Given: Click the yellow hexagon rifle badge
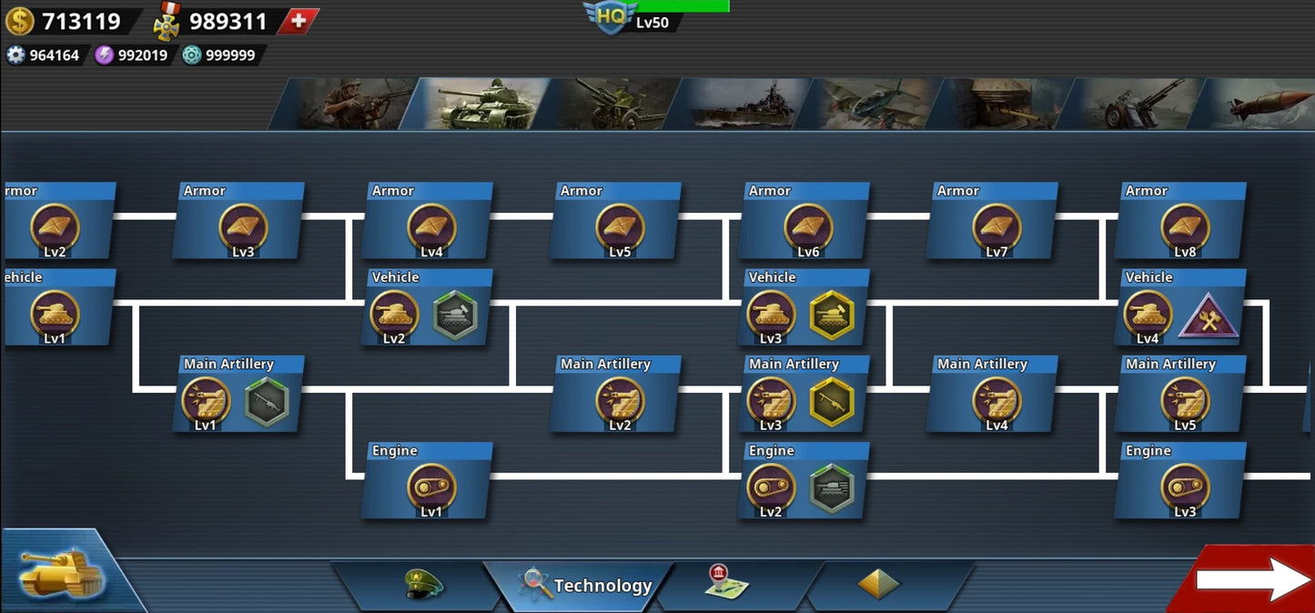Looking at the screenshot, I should [x=832, y=401].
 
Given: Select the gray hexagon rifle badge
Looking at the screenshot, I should [x=267, y=401].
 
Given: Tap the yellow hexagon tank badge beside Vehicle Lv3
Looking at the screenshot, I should [x=832, y=315].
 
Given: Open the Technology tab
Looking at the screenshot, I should [x=587, y=585].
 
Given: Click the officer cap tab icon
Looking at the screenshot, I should [x=424, y=583].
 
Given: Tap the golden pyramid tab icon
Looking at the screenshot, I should [x=878, y=584].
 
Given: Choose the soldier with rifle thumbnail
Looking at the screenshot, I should [x=350, y=104].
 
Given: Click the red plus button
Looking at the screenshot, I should [x=298, y=21].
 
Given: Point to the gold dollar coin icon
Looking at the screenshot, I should [x=19, y=21].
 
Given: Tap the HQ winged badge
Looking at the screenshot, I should [x=611, y=16].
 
